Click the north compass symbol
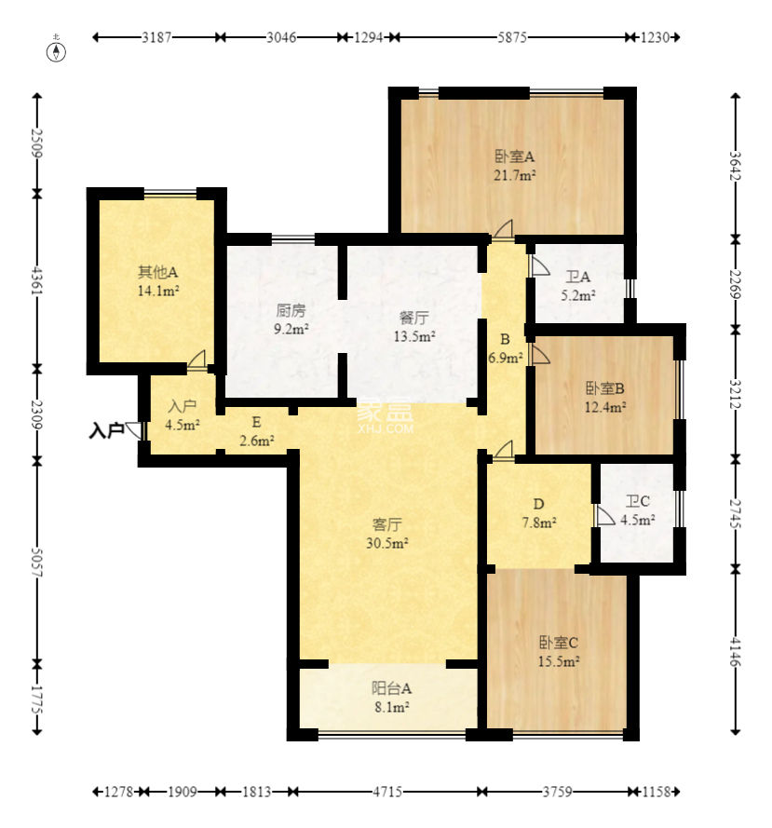(57, 51)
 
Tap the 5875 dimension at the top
(511, 37)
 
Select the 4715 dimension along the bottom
(387, 792)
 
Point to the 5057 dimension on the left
(36, 562)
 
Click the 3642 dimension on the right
(736, 166)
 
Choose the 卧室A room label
(514, 156)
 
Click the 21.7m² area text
(515, 175)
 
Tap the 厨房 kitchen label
(291, 310)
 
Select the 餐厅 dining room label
(414, 318)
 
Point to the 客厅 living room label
(387, 524)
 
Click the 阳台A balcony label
(391, 688)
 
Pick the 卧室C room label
(559, 643)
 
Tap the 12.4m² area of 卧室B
(605, 407)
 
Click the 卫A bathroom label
(577, 277)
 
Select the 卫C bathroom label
(637, 501)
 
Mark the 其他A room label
(157, 272)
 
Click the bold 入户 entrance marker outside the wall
(106, 431)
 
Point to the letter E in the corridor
(257, 422)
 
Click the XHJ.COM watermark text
(386, 428)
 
